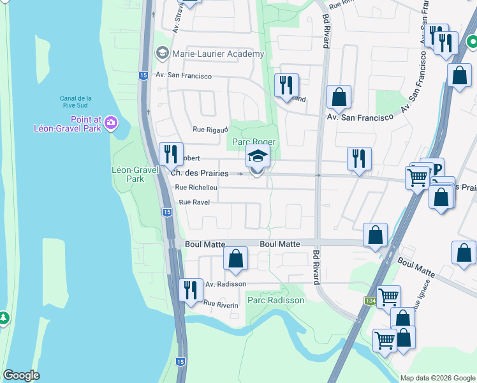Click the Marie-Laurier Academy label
tap(217, 54)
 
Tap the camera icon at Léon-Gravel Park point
tap(112, 122)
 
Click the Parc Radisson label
tap(275, 299)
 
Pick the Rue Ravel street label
tap(194, 202)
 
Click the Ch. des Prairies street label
tap(200, 173)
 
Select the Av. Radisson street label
tap(225, 284)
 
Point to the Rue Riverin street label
tap(221, 304)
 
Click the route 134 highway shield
tap(371, 301)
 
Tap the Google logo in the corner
tap(21, 375)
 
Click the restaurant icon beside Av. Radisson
tap(189, 290)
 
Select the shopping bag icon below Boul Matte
tap(235, 259)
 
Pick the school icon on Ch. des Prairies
tap(258, 157)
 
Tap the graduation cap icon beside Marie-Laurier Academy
tap(162, 54)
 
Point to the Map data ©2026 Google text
tap(437, 378)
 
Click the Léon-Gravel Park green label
tap(128, 174)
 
